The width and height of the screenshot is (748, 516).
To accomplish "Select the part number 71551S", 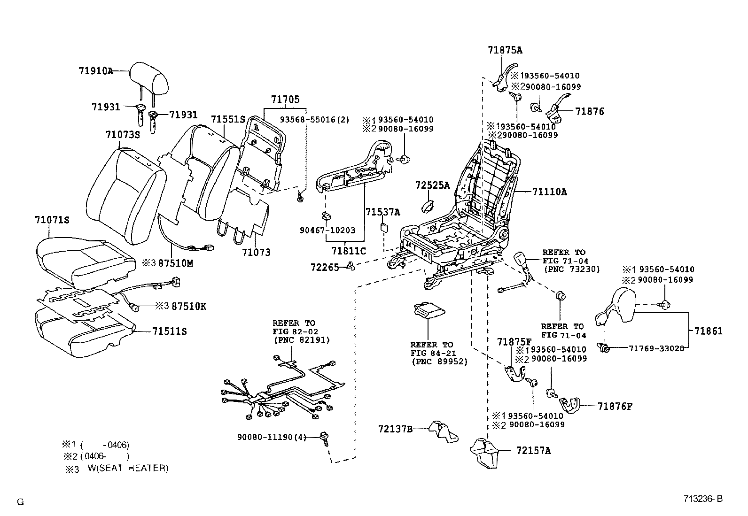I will [x=228, y=119].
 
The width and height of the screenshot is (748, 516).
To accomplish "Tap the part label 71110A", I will [x=549, y=192].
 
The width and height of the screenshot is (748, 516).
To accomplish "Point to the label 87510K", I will [x=189, y=307].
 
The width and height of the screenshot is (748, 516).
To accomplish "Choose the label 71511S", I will [x=170, y=331].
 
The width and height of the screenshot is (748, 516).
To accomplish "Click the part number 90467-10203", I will [x=327, y=230].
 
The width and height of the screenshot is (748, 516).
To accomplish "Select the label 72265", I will [x=324, y=267].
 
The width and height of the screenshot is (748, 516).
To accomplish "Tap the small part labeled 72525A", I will [x=428, y=205].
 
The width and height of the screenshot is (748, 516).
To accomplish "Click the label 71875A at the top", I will [x=505, y=50].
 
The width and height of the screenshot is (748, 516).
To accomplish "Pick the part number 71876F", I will [x=615, y=406].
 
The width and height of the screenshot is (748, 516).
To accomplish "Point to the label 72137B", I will [x=395, y=429].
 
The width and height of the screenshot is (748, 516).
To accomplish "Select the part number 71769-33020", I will [x=656, y=348].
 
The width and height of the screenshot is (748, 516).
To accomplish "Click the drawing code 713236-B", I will [x=702, y=499].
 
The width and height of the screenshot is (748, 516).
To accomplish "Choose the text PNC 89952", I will [x=439, y=362].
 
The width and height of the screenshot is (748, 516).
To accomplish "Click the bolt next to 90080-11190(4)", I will [x=323, y=437].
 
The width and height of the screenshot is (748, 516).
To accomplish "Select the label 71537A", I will [x=383, y=212].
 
